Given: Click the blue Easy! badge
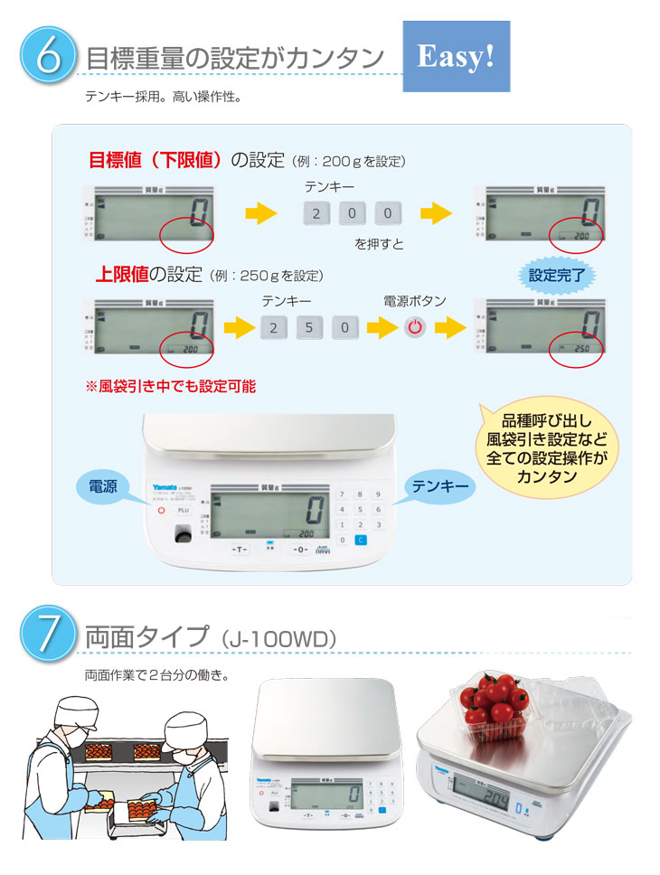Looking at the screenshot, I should pos(456,56).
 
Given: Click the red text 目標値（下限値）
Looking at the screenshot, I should pos(155,161).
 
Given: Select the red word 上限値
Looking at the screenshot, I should pos(122,273).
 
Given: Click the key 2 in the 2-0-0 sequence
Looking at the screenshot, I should pos(316,214).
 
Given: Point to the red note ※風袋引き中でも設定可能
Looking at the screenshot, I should pos(170,386).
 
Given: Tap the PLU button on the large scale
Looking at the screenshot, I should pos(184,510).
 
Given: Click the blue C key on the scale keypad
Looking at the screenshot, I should pos(360,541).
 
